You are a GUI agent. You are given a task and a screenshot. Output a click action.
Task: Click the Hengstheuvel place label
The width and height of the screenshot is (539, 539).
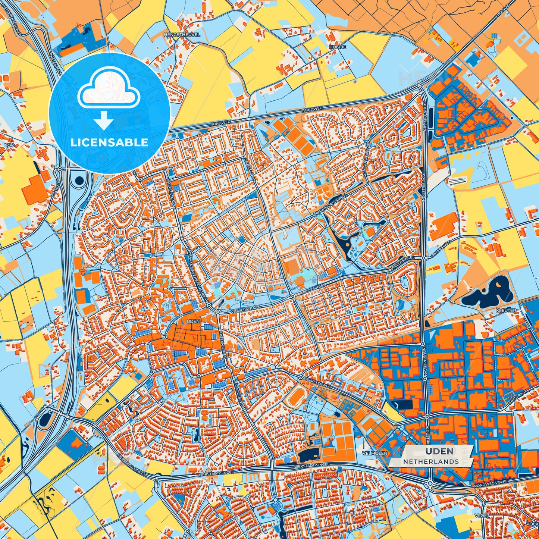click(182, 34)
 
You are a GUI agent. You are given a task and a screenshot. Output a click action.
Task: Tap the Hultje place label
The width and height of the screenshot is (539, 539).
click(338, 47)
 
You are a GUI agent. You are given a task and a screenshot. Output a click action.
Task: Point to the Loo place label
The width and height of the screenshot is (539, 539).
click(8, 145)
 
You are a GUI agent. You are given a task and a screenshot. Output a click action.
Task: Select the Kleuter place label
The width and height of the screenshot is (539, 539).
click(506, 310)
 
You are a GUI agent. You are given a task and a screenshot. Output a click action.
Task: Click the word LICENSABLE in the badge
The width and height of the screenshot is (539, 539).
click(109, 142)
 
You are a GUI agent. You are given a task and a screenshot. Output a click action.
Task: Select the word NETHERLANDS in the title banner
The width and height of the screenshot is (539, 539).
click(431, 461)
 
